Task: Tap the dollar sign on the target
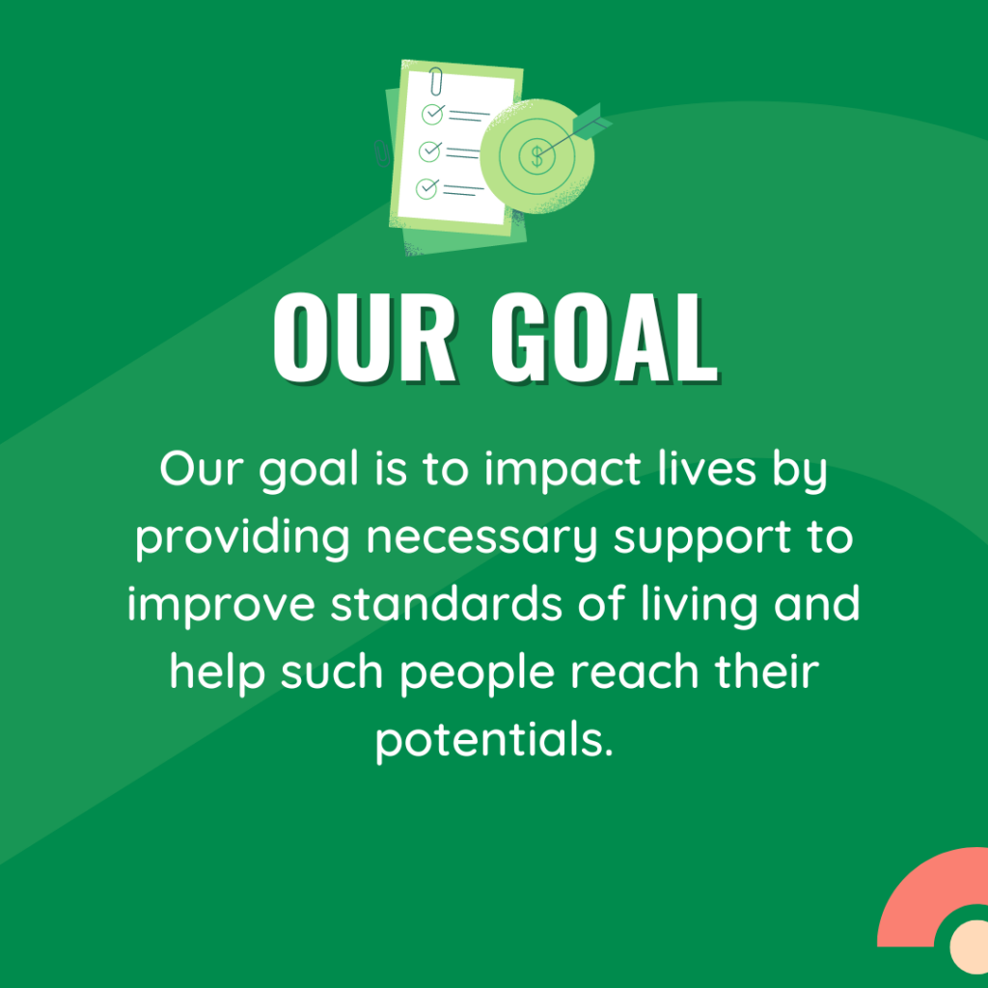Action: [x=536, y=155]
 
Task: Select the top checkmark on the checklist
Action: [x=433, y=114]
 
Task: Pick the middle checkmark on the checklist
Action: [x=430, y=151]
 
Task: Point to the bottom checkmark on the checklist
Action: [x=427, y=188]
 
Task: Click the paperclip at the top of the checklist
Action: [x=436, y=81]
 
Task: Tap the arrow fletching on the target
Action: [x=592, y=122]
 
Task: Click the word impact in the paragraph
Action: [x=563, y=471]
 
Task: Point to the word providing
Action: [x=242, y=538]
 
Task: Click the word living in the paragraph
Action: [x=700, y=606]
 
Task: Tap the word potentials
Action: [x=494, y=740]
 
